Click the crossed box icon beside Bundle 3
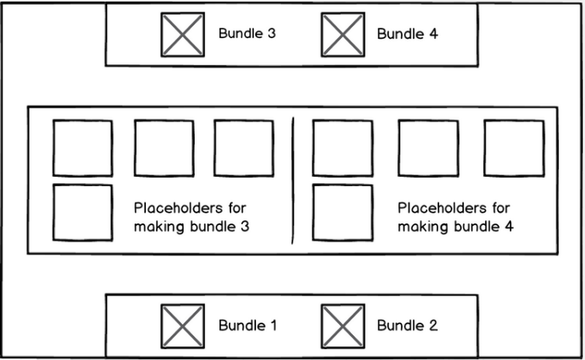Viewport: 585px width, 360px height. (x=182, y=35)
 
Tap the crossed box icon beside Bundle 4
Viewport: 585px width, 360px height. (x=343, y=35)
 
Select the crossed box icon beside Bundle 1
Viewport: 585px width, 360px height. (x=182, y=327)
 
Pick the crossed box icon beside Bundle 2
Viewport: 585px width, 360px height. (x=343, y=327)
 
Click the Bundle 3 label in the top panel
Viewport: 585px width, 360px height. (x=247, y=33)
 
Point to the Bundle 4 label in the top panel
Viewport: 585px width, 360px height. (x=407, y=33)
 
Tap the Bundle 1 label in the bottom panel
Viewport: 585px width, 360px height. (x=247, y=325)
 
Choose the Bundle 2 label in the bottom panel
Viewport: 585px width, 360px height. (x=407, y=325)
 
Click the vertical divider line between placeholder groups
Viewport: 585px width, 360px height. (x=292, y=181)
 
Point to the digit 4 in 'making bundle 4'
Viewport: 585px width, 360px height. (x=509, y=227)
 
